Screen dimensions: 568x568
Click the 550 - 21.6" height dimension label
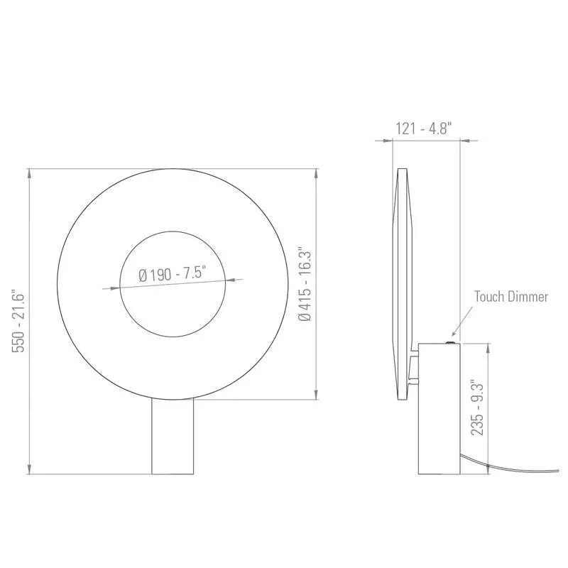(x=20, y=321)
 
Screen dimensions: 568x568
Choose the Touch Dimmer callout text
(x=511, y=297)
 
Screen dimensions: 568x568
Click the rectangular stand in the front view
(x=173, y=437)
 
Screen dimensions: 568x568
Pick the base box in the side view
(x=439, y=408)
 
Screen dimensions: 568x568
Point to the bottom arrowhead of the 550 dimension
(x=28, y=469)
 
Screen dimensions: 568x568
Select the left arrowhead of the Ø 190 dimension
(x=108, y=288)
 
